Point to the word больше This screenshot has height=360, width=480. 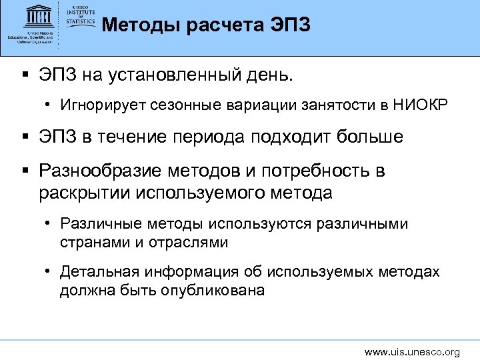point(369,137)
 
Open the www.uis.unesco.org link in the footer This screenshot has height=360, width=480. point(412,351)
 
